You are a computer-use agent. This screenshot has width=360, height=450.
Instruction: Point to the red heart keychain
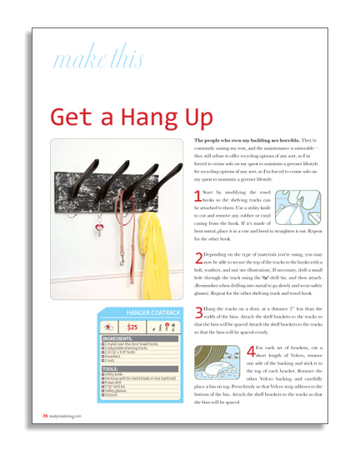click(97, 223)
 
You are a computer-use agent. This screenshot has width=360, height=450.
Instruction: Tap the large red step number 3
click(197, 312)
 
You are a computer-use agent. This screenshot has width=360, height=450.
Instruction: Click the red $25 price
click(132, 327)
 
